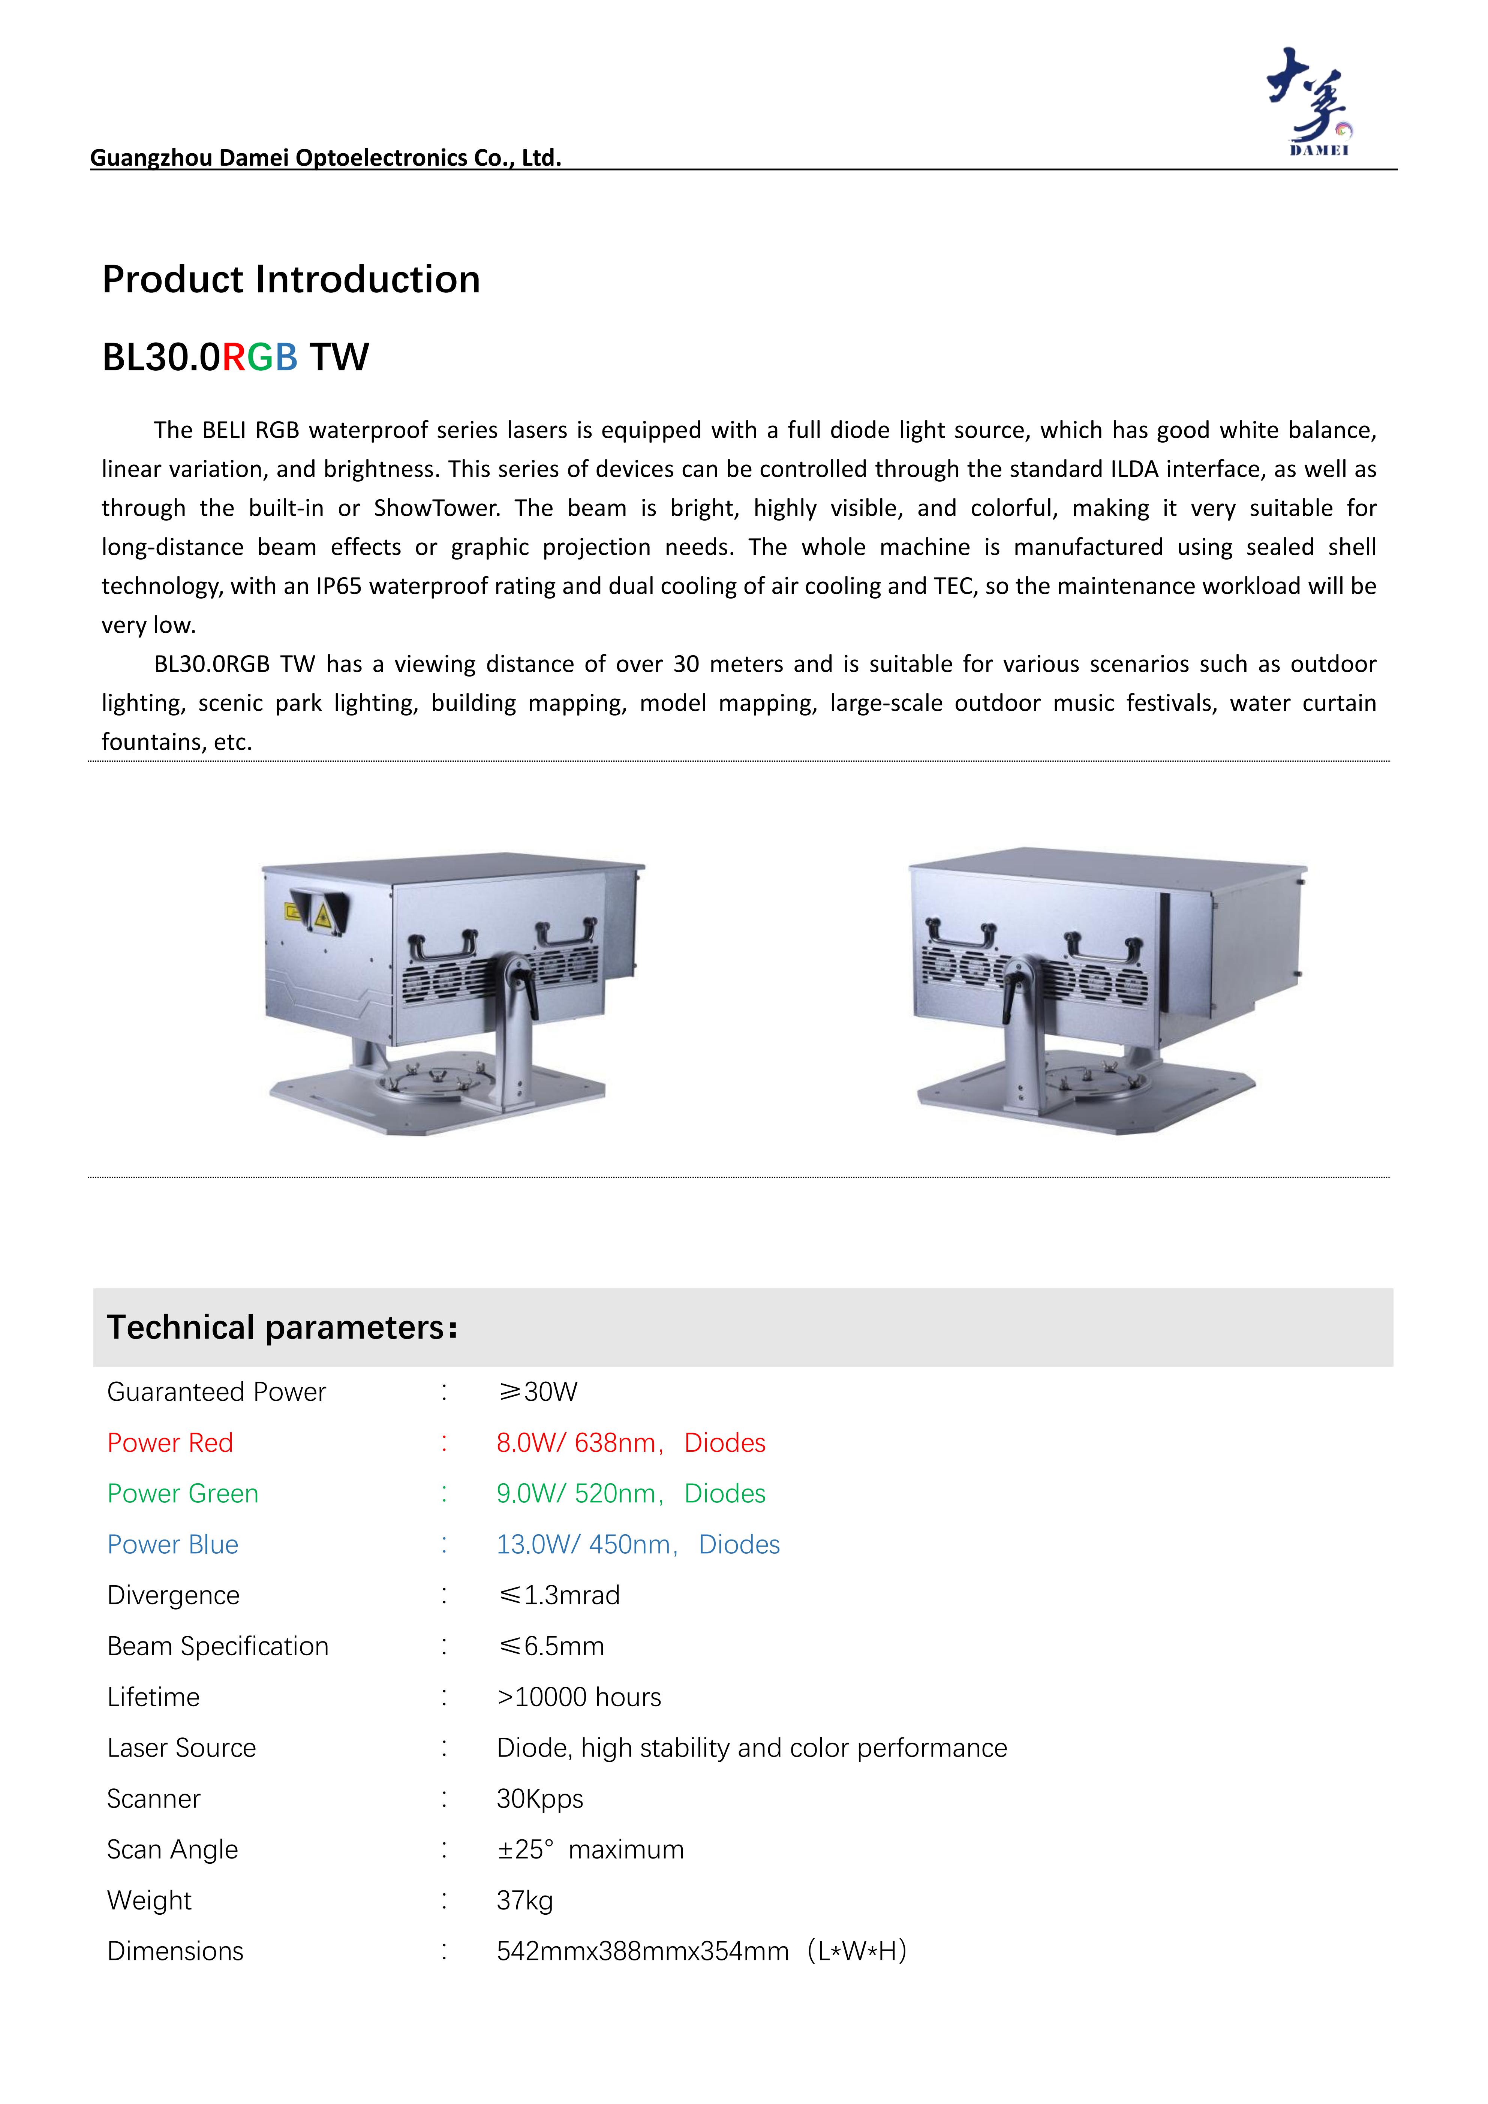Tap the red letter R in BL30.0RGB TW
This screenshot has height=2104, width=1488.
click(234, 357)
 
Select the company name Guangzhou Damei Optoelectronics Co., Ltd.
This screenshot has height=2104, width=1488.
click(325, 157)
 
